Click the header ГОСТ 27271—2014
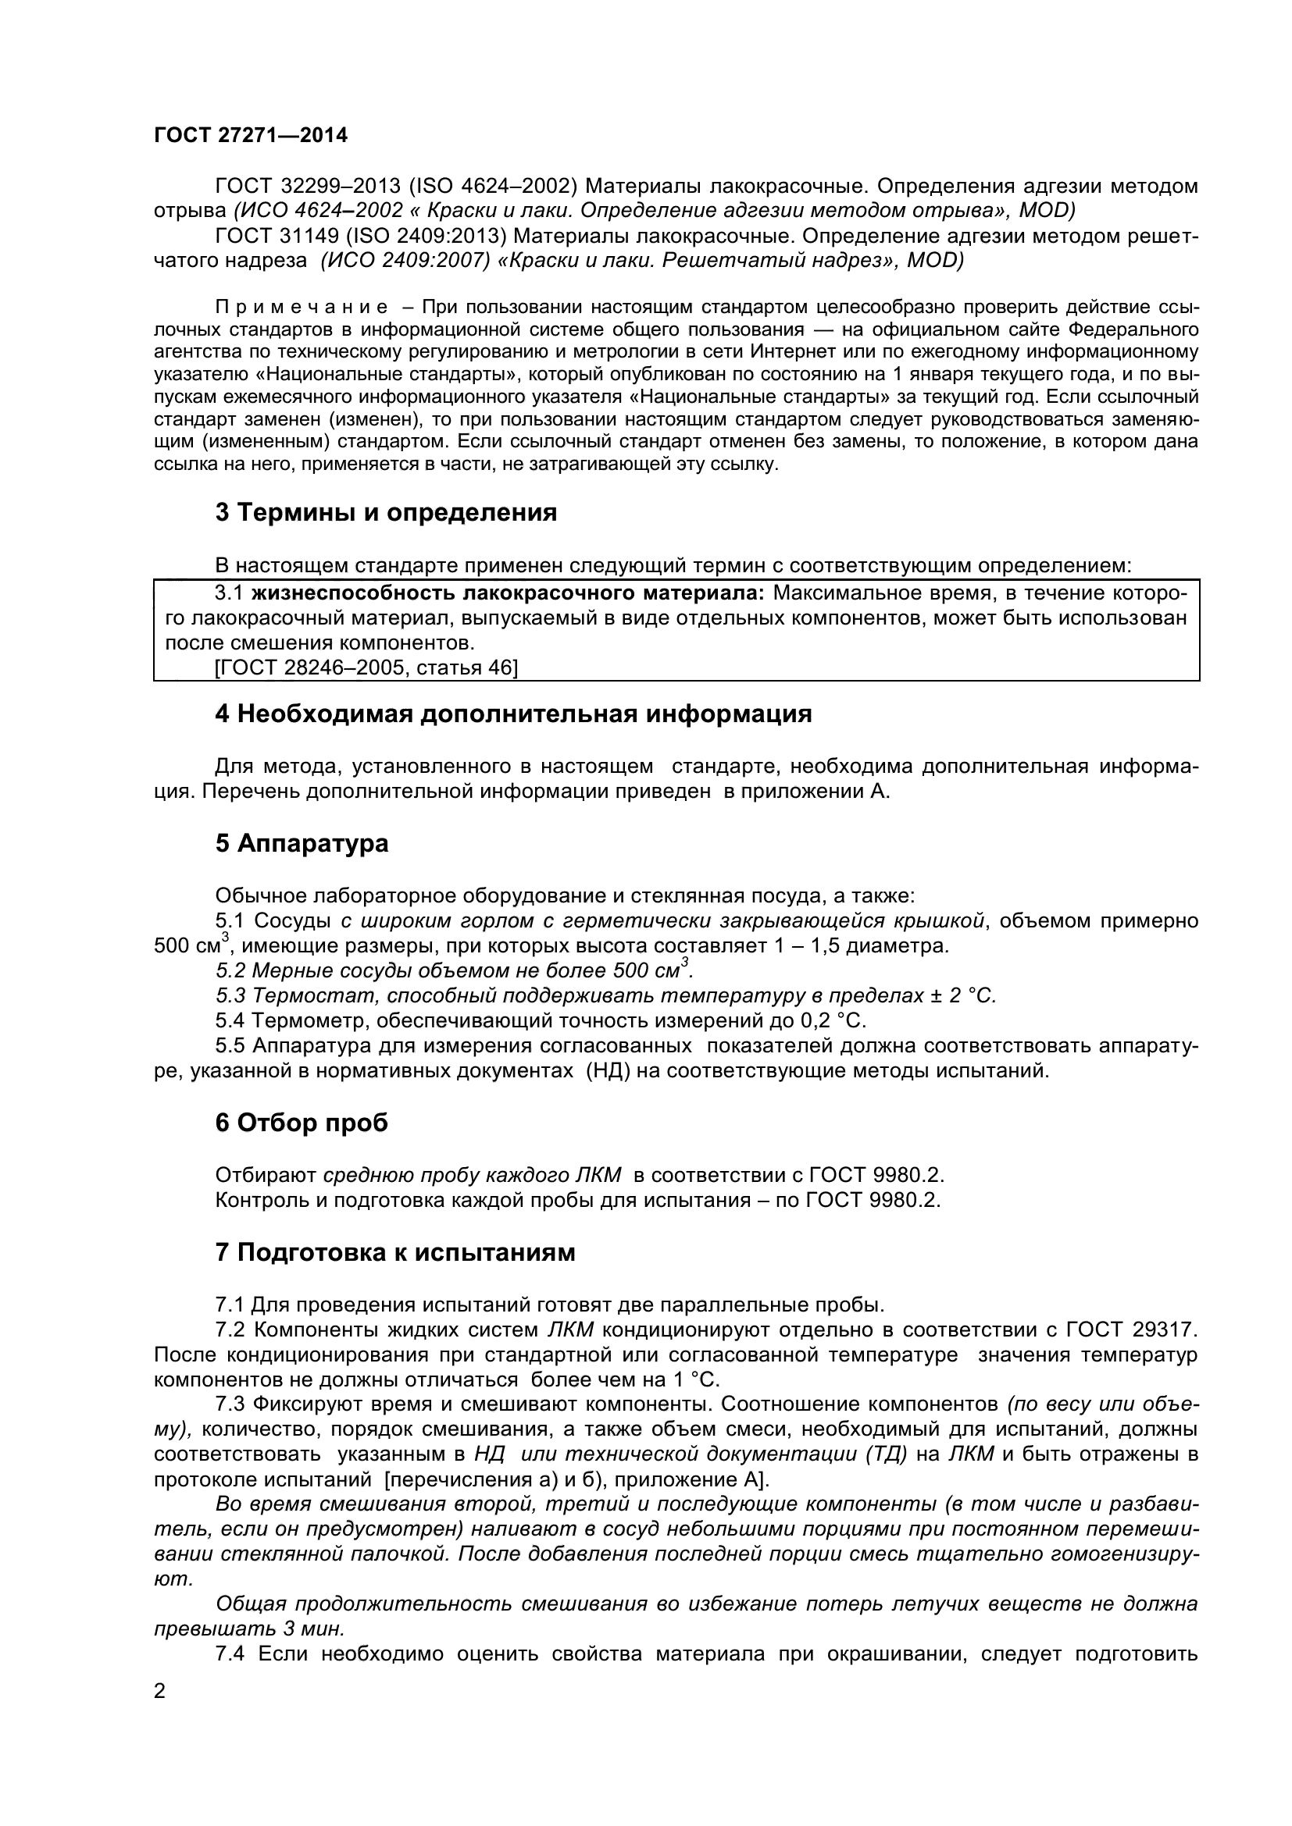pyautogui.click(x=251, y=136)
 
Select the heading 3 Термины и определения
pyautogui.click(x=386, y=513)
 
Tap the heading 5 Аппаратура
pyautogui.click(x=302, y=843)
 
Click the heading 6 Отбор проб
pyautogui.click(x=302, y=1123)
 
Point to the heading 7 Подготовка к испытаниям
pyautogui.click(x=394, y=1252)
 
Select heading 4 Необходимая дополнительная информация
pyautogui.click(x=513, y=714)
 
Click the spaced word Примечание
pyautogui.click(x=302, y=308)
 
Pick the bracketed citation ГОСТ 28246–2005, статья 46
pyautogui.click(x=366, y=667)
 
